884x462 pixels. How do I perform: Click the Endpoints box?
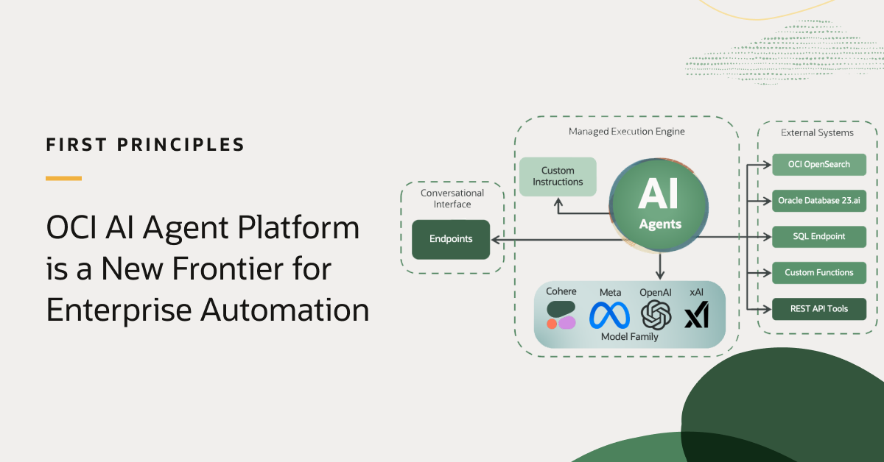click(x=451, y=239)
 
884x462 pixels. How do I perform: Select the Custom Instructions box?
click(x=558, y=177)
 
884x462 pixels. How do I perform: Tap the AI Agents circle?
click(x=659, y=203)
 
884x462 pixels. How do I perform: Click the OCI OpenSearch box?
click(x=819, y=164)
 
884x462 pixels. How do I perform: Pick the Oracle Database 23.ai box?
click(x=819, y=200)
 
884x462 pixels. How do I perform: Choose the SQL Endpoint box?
click(x=819, y=236)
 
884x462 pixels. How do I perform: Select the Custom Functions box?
click(x=819, y=272)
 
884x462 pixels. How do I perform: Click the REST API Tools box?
click(x=819, y=308)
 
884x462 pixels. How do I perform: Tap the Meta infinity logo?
click(x=609, y=315)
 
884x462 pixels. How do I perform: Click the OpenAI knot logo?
click(x=656, y=315)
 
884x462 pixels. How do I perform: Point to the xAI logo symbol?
click(x=696, y=316)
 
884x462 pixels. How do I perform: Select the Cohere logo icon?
click(x=561, y=315)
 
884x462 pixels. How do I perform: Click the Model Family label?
click(x=629, y=337)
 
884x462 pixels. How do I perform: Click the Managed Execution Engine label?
click(x=626, y=132)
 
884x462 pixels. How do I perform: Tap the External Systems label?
click(x=817, y=132)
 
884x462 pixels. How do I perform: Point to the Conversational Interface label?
click(x=452, y=199)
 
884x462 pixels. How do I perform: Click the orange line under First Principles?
click(x=63, y=178)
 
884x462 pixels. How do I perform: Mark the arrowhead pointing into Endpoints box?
click(x=495, y=239)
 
